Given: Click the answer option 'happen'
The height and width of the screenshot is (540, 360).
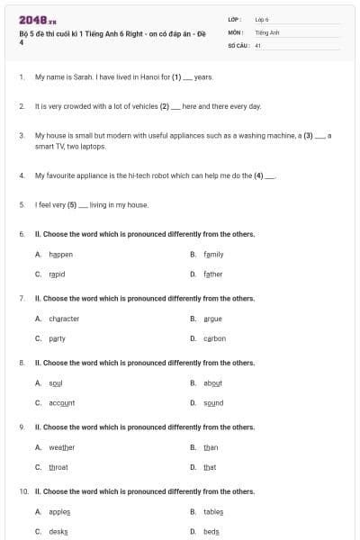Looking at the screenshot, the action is click(60, 255).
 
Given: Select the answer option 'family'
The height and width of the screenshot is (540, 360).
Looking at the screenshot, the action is click(213, 255).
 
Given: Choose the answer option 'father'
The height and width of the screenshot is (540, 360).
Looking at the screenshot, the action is click(212, 274).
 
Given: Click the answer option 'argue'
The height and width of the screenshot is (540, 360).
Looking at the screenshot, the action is click(212, 319).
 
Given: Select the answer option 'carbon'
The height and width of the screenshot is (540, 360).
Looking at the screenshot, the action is click(214, 338).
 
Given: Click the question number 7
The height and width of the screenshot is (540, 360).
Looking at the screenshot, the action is click(21, 298).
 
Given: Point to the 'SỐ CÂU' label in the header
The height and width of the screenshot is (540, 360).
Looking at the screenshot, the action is click(237, 44).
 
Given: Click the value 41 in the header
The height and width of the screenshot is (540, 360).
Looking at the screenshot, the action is click(258, 44).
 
